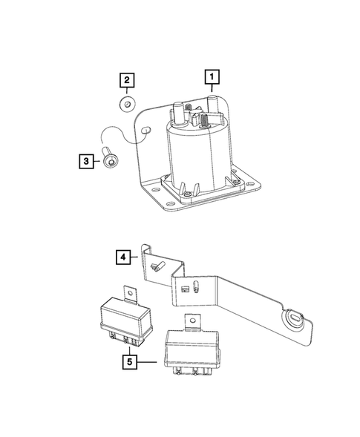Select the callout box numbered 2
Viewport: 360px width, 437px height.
pos(126,80)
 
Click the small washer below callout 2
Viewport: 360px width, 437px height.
pos(127,103)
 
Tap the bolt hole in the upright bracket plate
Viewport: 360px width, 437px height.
pos(146,130)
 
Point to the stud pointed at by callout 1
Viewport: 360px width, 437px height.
pos(211,102)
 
